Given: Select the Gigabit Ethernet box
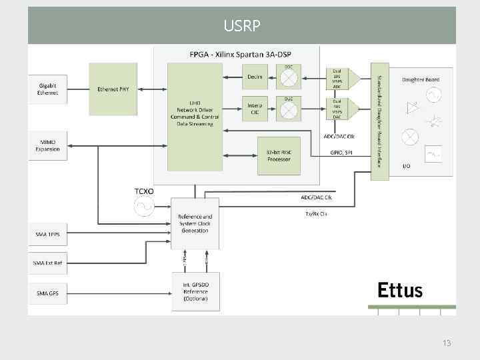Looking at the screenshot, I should [47, 89].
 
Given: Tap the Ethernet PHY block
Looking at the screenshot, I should [113, 89].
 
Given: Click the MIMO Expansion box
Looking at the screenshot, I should [47, 145].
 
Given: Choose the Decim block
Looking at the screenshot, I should [255, 77].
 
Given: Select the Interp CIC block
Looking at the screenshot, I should [255, 109].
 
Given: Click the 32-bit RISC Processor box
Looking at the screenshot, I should [279, 155].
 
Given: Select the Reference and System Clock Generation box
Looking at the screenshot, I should [195, 223].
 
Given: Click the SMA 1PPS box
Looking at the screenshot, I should [47, 234].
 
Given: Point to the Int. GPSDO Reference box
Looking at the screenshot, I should [195, 291].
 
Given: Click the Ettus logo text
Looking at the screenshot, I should [400, 290].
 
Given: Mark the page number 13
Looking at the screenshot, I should [447, 343].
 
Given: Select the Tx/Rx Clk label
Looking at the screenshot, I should [316, 214].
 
